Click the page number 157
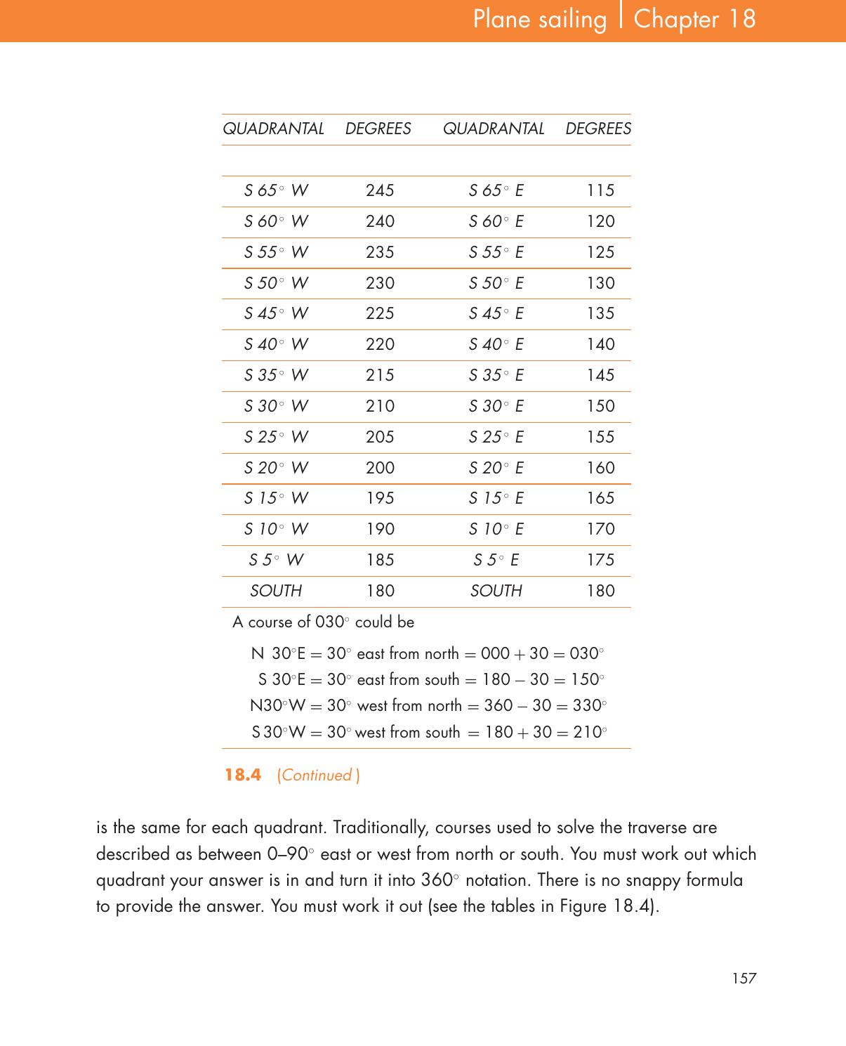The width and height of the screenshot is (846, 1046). point(743,978)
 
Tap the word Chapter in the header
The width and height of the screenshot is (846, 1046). point(676,19)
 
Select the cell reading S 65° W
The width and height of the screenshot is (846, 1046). point(276,190)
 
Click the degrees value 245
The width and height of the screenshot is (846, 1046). point(380,190)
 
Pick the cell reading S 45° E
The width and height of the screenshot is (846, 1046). point(496,313)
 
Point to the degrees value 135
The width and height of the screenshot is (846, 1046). point(600,313)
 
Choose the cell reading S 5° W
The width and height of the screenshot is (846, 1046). point(276,560)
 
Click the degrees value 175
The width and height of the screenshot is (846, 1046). point(600,560)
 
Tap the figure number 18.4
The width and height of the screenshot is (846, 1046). point(243,775)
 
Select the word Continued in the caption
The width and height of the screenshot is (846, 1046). point(317,776)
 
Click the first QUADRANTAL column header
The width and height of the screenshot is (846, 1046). point(273,129)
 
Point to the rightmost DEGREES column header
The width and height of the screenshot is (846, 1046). point(598,129)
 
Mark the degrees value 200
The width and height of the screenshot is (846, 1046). point(380,468)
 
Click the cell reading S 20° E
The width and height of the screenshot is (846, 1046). point(496,468)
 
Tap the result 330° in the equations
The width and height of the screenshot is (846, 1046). point(589,705)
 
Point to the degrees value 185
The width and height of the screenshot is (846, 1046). point(380,560)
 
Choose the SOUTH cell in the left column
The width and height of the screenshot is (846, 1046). point(276,591)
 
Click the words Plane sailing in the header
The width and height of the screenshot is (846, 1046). point(539,19)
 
